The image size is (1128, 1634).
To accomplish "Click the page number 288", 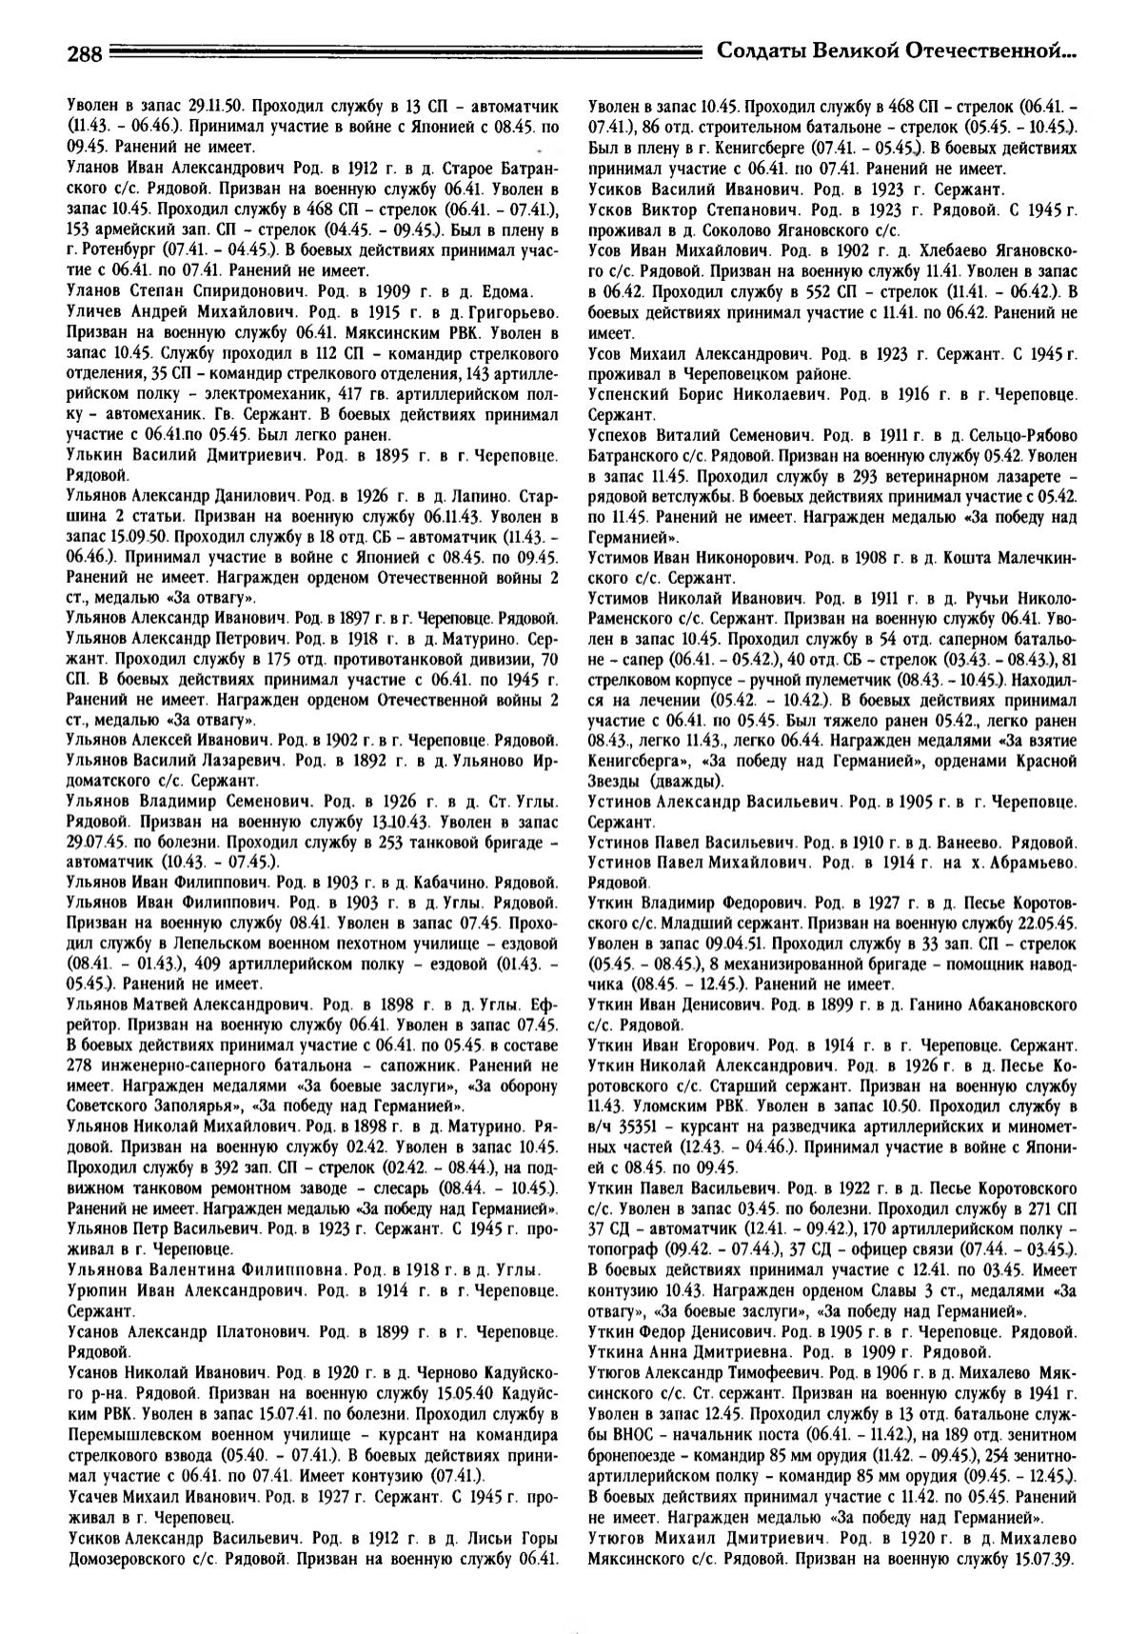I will coord(84,54).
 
